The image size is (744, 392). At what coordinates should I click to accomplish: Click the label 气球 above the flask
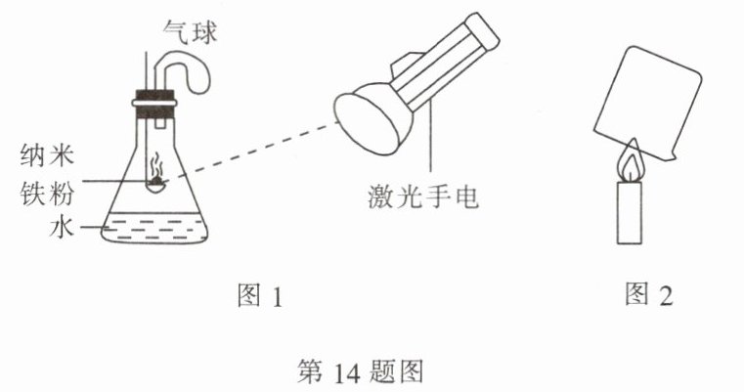click(190, 33)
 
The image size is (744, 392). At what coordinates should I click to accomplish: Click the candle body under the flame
click(634, 214)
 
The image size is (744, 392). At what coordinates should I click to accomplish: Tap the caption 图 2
click(650, 296)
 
